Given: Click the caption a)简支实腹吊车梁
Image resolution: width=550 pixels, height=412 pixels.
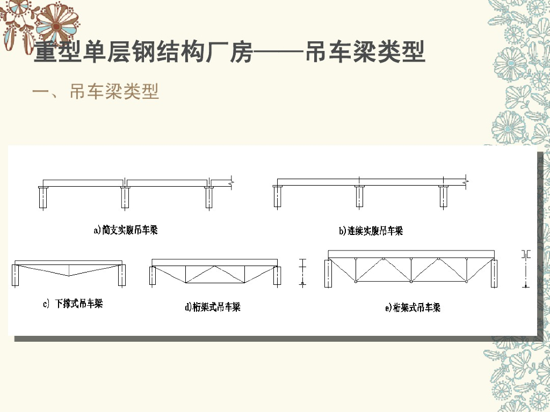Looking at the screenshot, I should (x=126, y=231).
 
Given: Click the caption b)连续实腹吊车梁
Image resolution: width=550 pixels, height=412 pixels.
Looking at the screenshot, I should (x=371, y=231).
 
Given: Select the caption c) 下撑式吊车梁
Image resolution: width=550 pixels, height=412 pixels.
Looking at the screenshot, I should (x=73, y=304).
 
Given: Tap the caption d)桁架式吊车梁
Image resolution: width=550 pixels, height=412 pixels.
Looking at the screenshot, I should (x=213, y=307).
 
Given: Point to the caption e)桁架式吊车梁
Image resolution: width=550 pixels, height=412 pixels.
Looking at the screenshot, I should (x=413, y=308).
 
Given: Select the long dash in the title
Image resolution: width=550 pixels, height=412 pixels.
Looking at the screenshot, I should (x=278, y=54).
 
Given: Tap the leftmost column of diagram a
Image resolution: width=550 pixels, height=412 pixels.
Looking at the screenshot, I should (x=43, y=197).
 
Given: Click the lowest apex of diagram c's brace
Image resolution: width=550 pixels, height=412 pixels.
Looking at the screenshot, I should (x=69, y=275).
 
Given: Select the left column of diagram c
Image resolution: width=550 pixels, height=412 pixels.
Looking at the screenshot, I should (x=16, y=275).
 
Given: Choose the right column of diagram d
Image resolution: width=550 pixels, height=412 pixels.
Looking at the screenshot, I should (x=277, y=275).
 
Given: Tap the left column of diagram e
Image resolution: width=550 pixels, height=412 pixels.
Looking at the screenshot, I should (x=328, y=274).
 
